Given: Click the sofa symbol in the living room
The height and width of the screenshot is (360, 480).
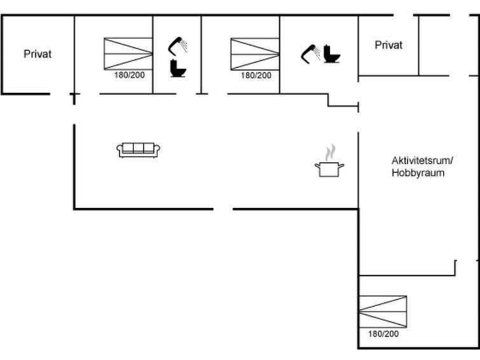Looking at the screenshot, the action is [138, 150].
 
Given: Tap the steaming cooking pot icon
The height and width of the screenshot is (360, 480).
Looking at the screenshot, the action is [329, 160].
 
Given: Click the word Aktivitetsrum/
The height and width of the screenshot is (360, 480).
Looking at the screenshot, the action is [422, 160].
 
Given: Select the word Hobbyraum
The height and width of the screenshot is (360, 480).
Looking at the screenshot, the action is [418, 173].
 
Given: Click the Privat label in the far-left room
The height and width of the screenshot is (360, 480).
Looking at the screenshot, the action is [38, 54].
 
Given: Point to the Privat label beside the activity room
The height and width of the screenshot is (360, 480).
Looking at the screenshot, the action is [388, 45].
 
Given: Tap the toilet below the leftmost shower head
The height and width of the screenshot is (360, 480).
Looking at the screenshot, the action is [178, 68].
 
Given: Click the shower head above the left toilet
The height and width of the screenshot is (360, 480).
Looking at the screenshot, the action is [177, 46].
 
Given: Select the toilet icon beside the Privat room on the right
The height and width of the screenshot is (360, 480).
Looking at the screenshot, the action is [332, 54].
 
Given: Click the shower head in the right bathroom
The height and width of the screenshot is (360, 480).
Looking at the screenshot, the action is [310, 54].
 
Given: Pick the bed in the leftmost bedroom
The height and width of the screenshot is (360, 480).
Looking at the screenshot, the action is [128, 54].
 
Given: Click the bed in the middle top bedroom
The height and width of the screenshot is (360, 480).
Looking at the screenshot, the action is [255, 54].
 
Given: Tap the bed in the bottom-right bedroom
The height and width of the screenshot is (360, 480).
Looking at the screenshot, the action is [383, 312].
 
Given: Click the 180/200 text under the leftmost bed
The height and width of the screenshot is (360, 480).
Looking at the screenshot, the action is [130, 75].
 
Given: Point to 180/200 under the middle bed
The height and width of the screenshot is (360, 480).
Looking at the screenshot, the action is [256, 75].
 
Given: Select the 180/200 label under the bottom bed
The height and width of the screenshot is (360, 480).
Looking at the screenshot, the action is [383, 334].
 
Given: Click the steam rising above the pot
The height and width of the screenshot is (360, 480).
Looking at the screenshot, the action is [330, 152].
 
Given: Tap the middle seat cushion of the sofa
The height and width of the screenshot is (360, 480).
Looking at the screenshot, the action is [138, 148].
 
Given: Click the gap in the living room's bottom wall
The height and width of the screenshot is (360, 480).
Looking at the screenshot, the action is [223, 209].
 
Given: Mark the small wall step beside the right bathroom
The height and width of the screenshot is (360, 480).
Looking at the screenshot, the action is [343, 100].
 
